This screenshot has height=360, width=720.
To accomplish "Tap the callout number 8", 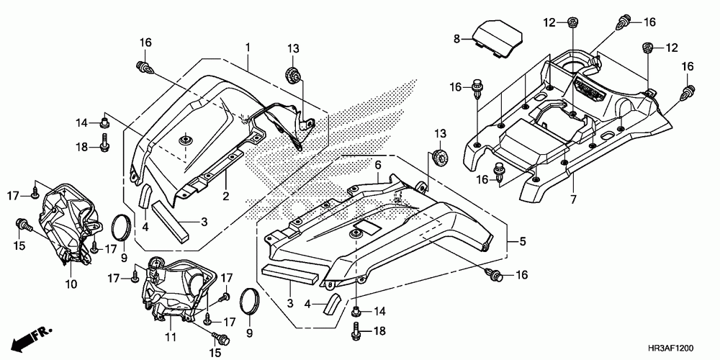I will pyautogui.click(x=456, y=37).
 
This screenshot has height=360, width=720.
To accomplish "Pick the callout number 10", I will pyautogui.click(x=71, y=284).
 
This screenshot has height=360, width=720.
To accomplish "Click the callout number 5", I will pyautogui.click(x=523, y=240).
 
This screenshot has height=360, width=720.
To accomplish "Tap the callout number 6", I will pyautogui.click(x=376, y=165).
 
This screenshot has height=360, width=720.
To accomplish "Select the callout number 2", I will pyautogui.click(x=225, y=197).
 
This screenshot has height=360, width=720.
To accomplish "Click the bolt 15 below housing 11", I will pyautogui.click(x=216, y=335).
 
